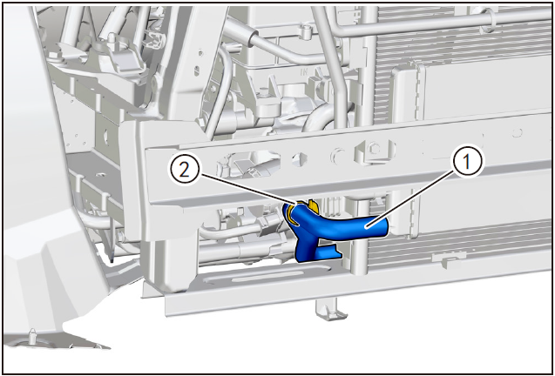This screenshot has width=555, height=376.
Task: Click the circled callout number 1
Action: tap(466, 161)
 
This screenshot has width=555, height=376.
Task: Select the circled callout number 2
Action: tap(184, 170)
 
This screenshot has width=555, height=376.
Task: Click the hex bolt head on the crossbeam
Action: tap(374, 149)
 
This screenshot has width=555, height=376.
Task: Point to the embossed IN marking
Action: tap(304, 72)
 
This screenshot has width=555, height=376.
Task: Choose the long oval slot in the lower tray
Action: tap(254, 275)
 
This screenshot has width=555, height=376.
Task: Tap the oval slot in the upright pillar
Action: tap(197, 70)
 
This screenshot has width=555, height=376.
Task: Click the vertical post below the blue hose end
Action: tap(359, 255)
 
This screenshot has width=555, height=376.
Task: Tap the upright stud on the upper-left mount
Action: tap(112, 37)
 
